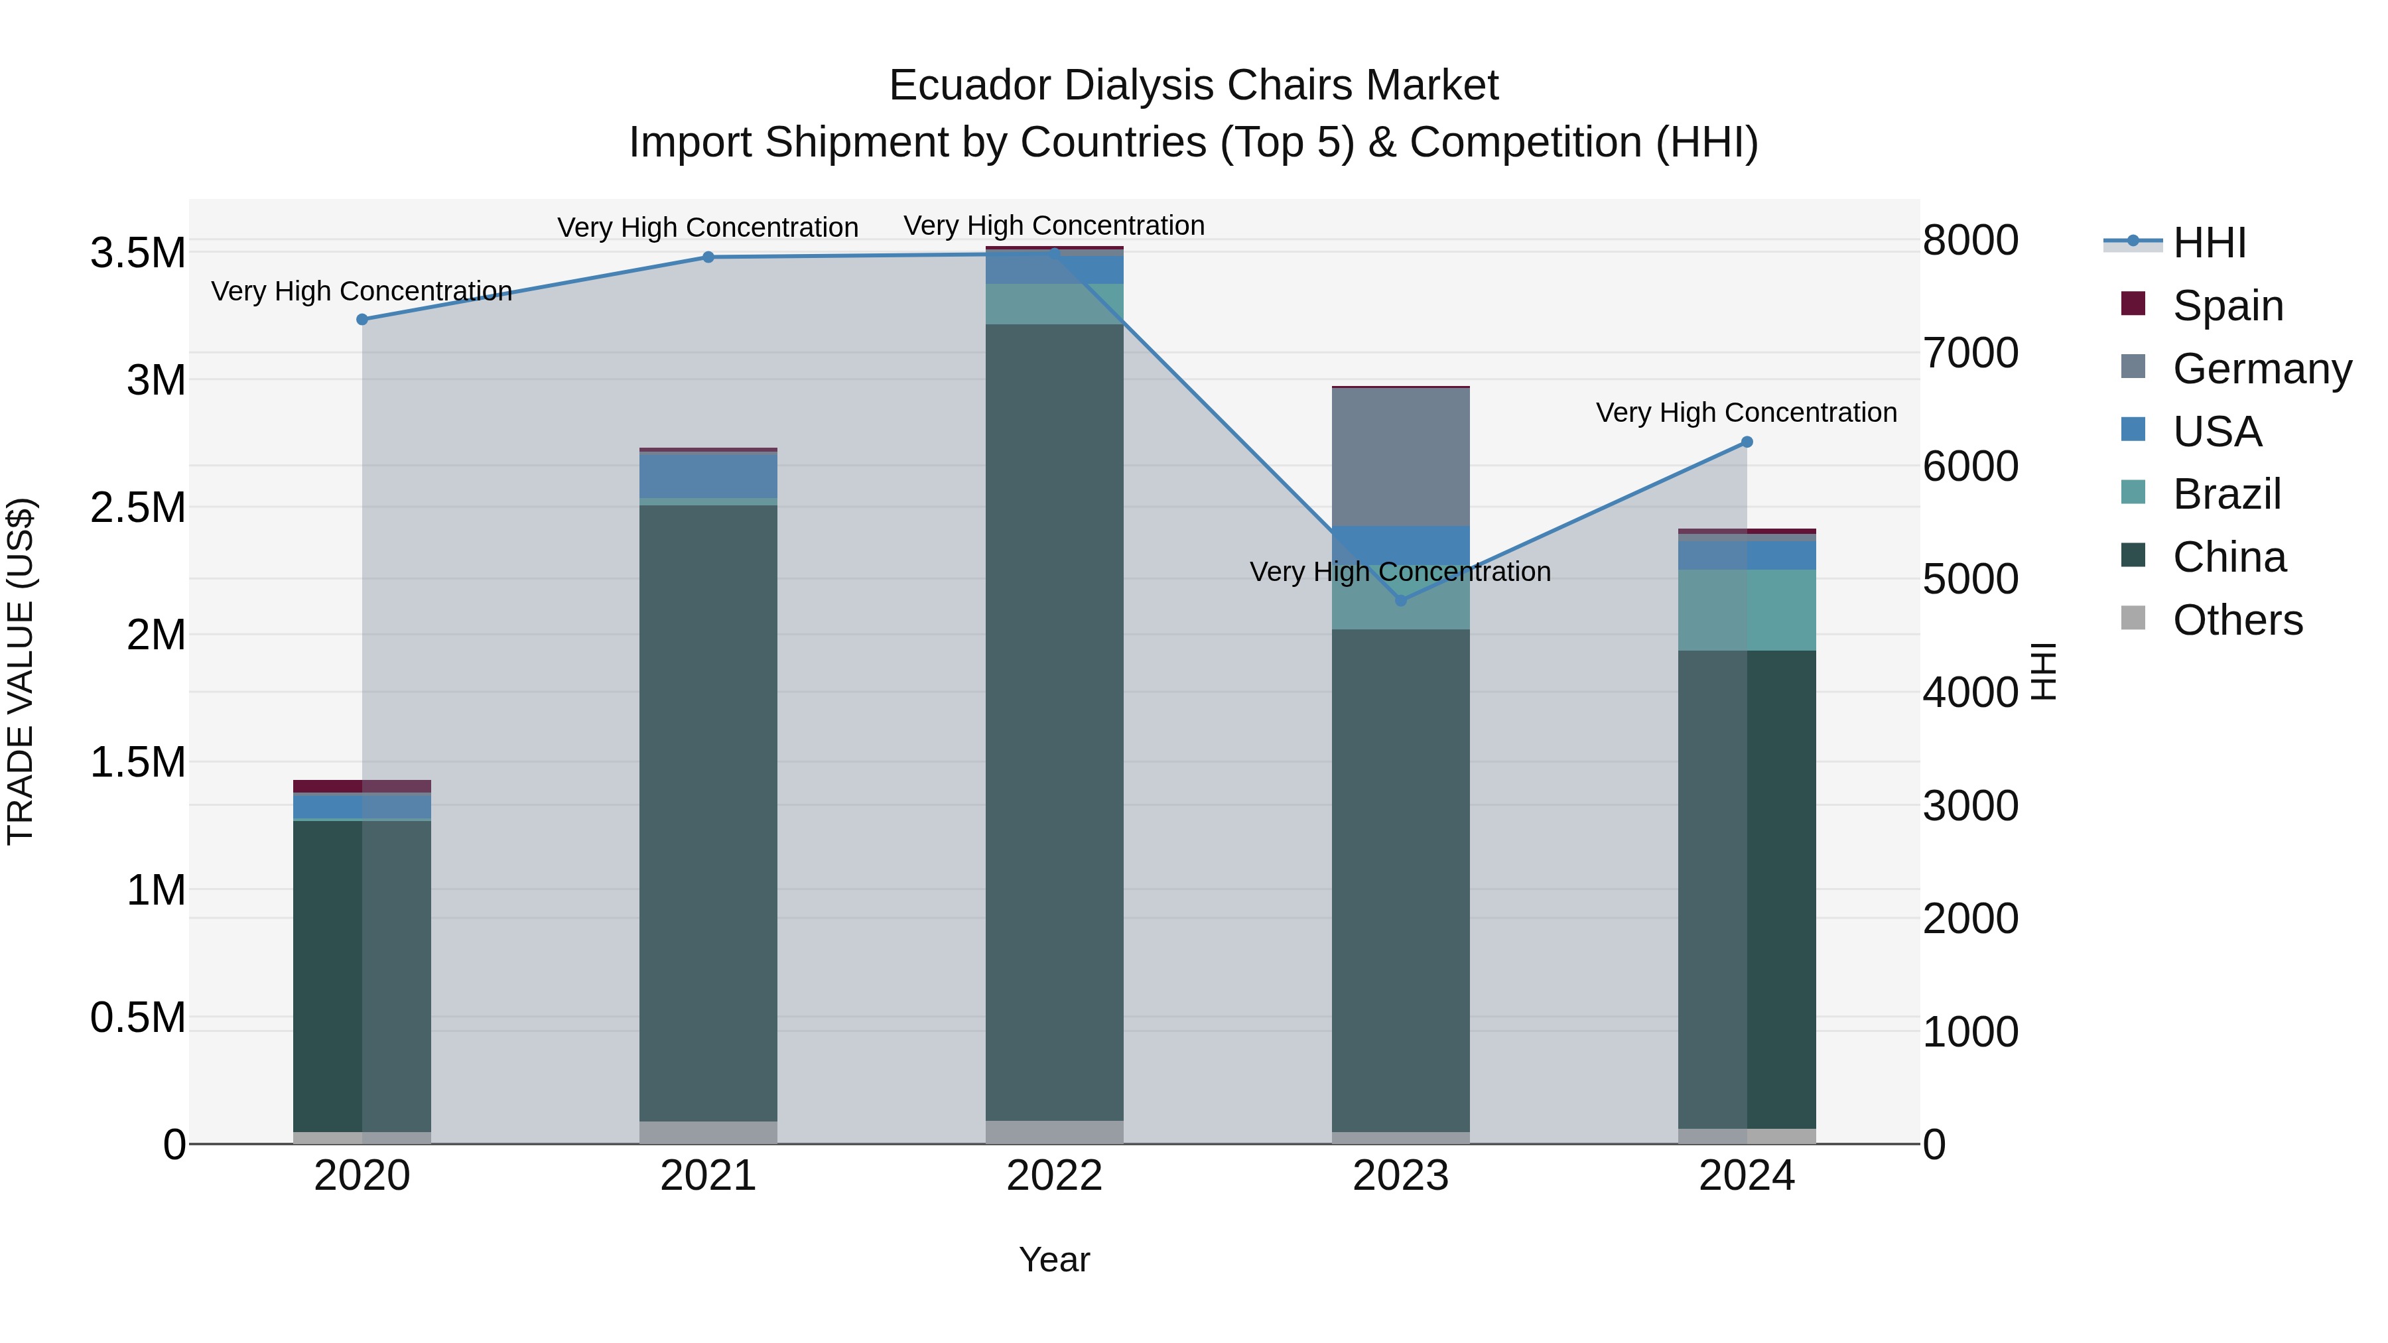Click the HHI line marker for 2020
tap(362, 320)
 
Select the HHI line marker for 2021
tap(708, 258)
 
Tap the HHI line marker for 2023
tap(1401, 602)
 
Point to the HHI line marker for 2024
tap(1747, 443)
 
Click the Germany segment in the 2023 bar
tap(1401, 458)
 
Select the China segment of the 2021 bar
tap(708, 813)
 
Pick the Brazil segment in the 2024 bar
tap(1747, 611)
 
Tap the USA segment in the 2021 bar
tap(708, 476)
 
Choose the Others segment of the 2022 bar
tap(1054, 1133)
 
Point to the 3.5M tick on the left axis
tap(138, 253)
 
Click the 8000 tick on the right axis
tap(1971, 240)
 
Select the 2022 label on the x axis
tap(1054, 1176)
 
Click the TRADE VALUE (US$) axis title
tap(21, 671)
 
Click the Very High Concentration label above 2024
tap(1747, 413)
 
